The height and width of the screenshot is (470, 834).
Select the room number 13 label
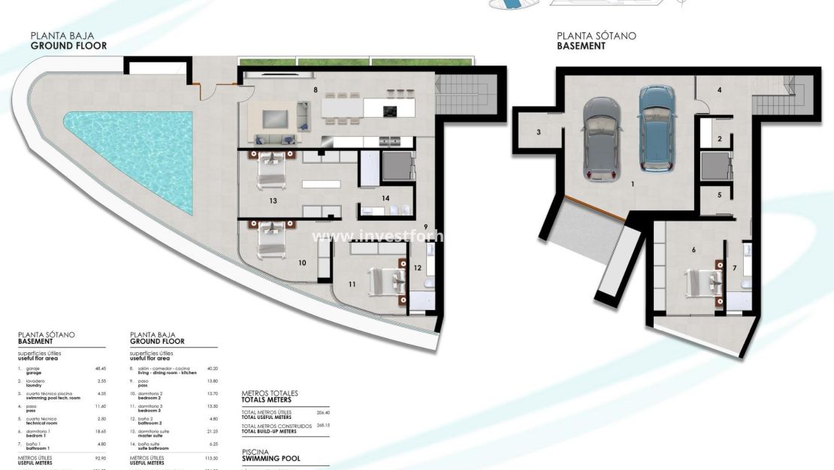click(273, 200)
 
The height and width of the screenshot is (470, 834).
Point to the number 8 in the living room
click(316, 90)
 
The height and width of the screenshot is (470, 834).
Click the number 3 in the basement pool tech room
click(539, 132)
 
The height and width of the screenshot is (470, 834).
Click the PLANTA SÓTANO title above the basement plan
click(596, 35)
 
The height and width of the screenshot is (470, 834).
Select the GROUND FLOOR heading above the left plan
click(68, 46)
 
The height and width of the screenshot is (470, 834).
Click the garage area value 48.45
click(100, 369)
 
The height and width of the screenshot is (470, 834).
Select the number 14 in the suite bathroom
click(385, 198)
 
